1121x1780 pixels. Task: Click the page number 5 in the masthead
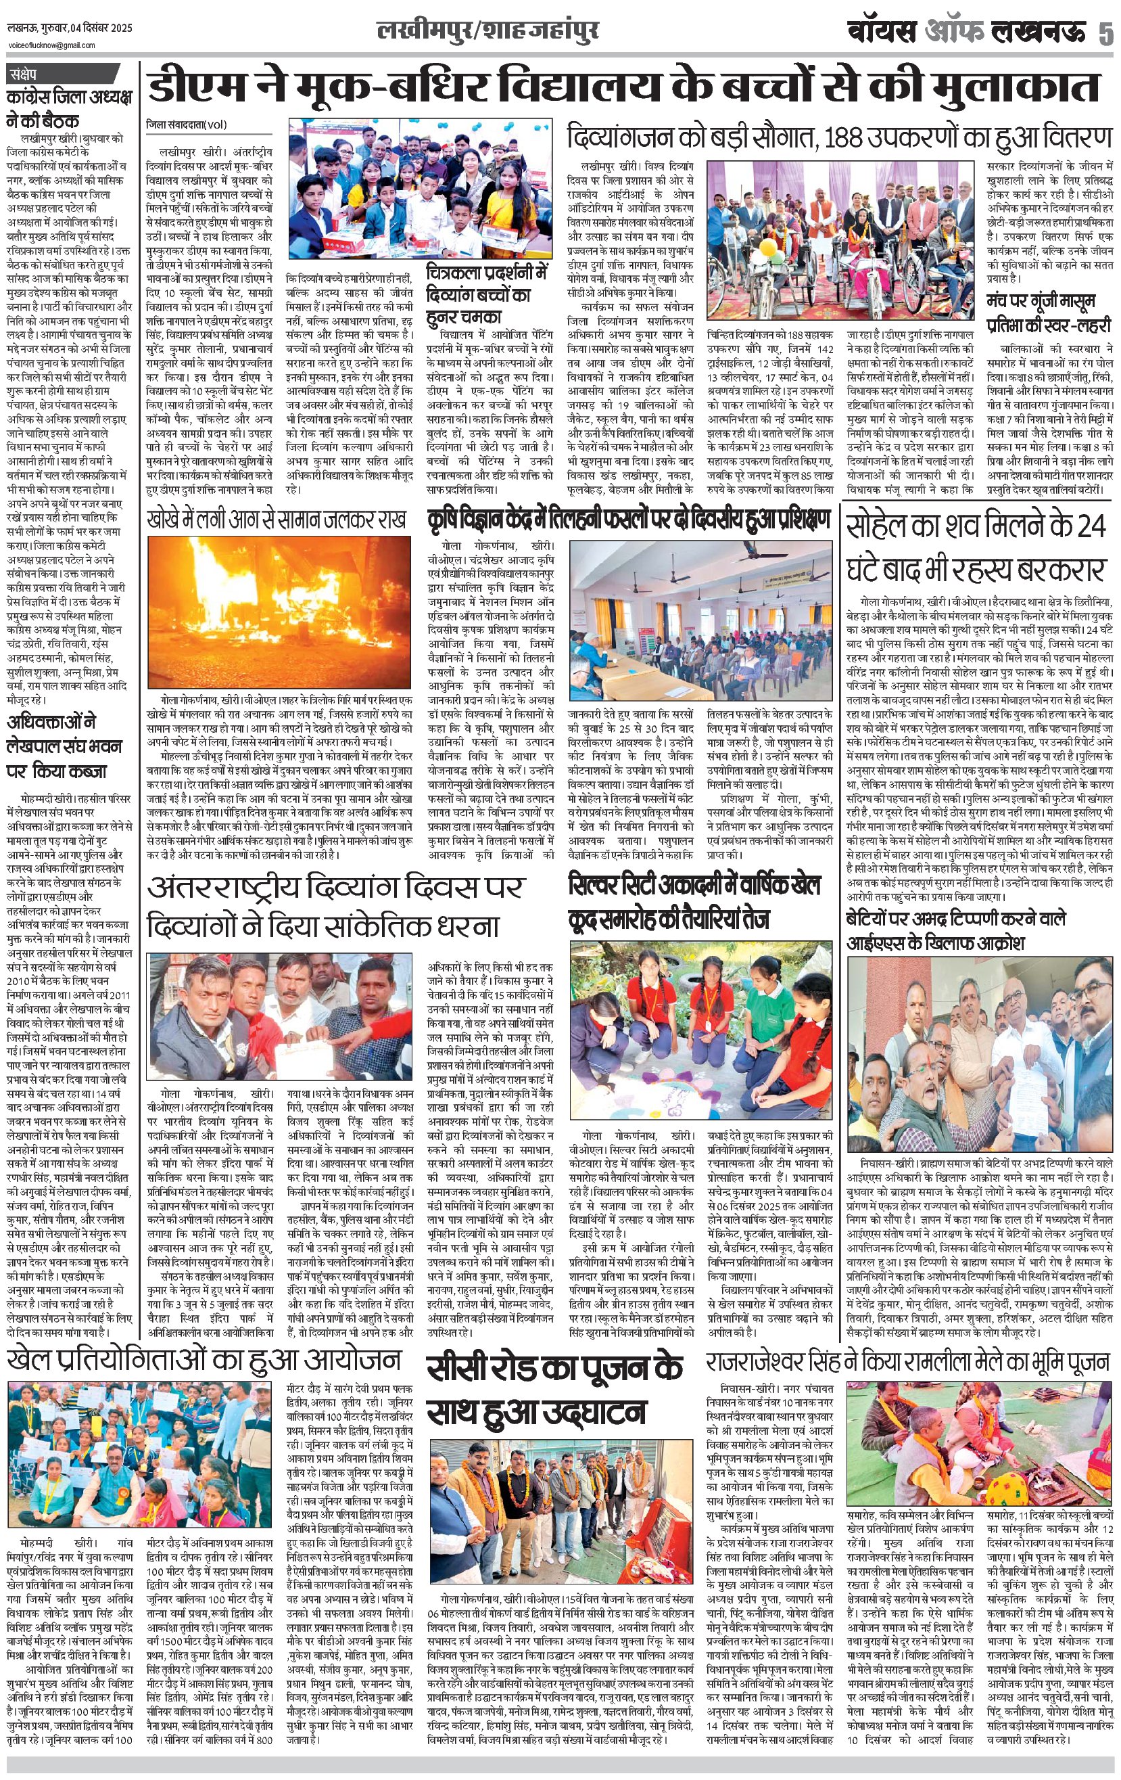pos(1104,33)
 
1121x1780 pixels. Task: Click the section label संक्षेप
pos(28,74)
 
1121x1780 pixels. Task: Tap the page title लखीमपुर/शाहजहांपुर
pos(487,30)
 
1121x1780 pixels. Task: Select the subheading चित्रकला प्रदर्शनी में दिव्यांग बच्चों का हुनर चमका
pos(487,295)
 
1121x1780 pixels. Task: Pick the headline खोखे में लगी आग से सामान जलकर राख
pos(277,518)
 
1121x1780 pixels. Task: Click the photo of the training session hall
pos(701,624)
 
